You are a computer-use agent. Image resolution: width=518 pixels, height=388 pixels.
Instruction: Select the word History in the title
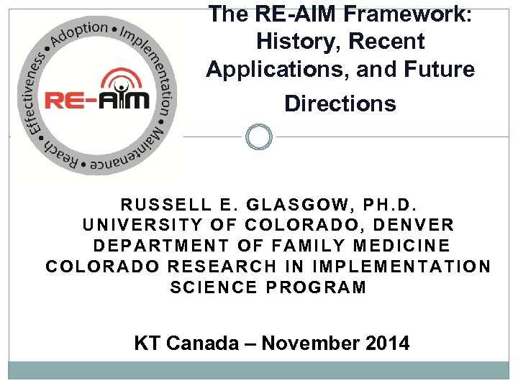point(296,42)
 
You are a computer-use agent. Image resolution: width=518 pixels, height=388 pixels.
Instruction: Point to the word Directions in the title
point(340,103)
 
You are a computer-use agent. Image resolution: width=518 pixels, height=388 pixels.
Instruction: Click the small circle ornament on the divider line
point(258,136)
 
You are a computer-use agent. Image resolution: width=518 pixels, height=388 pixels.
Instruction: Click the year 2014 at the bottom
point(387,343)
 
